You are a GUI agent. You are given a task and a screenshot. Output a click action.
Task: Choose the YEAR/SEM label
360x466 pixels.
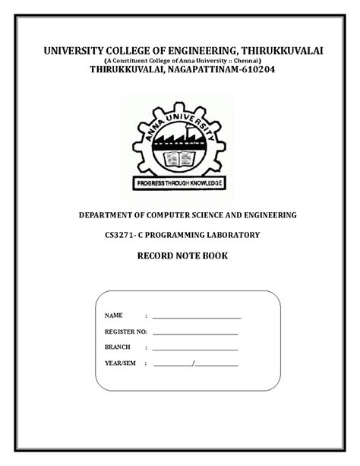coord(120,364)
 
